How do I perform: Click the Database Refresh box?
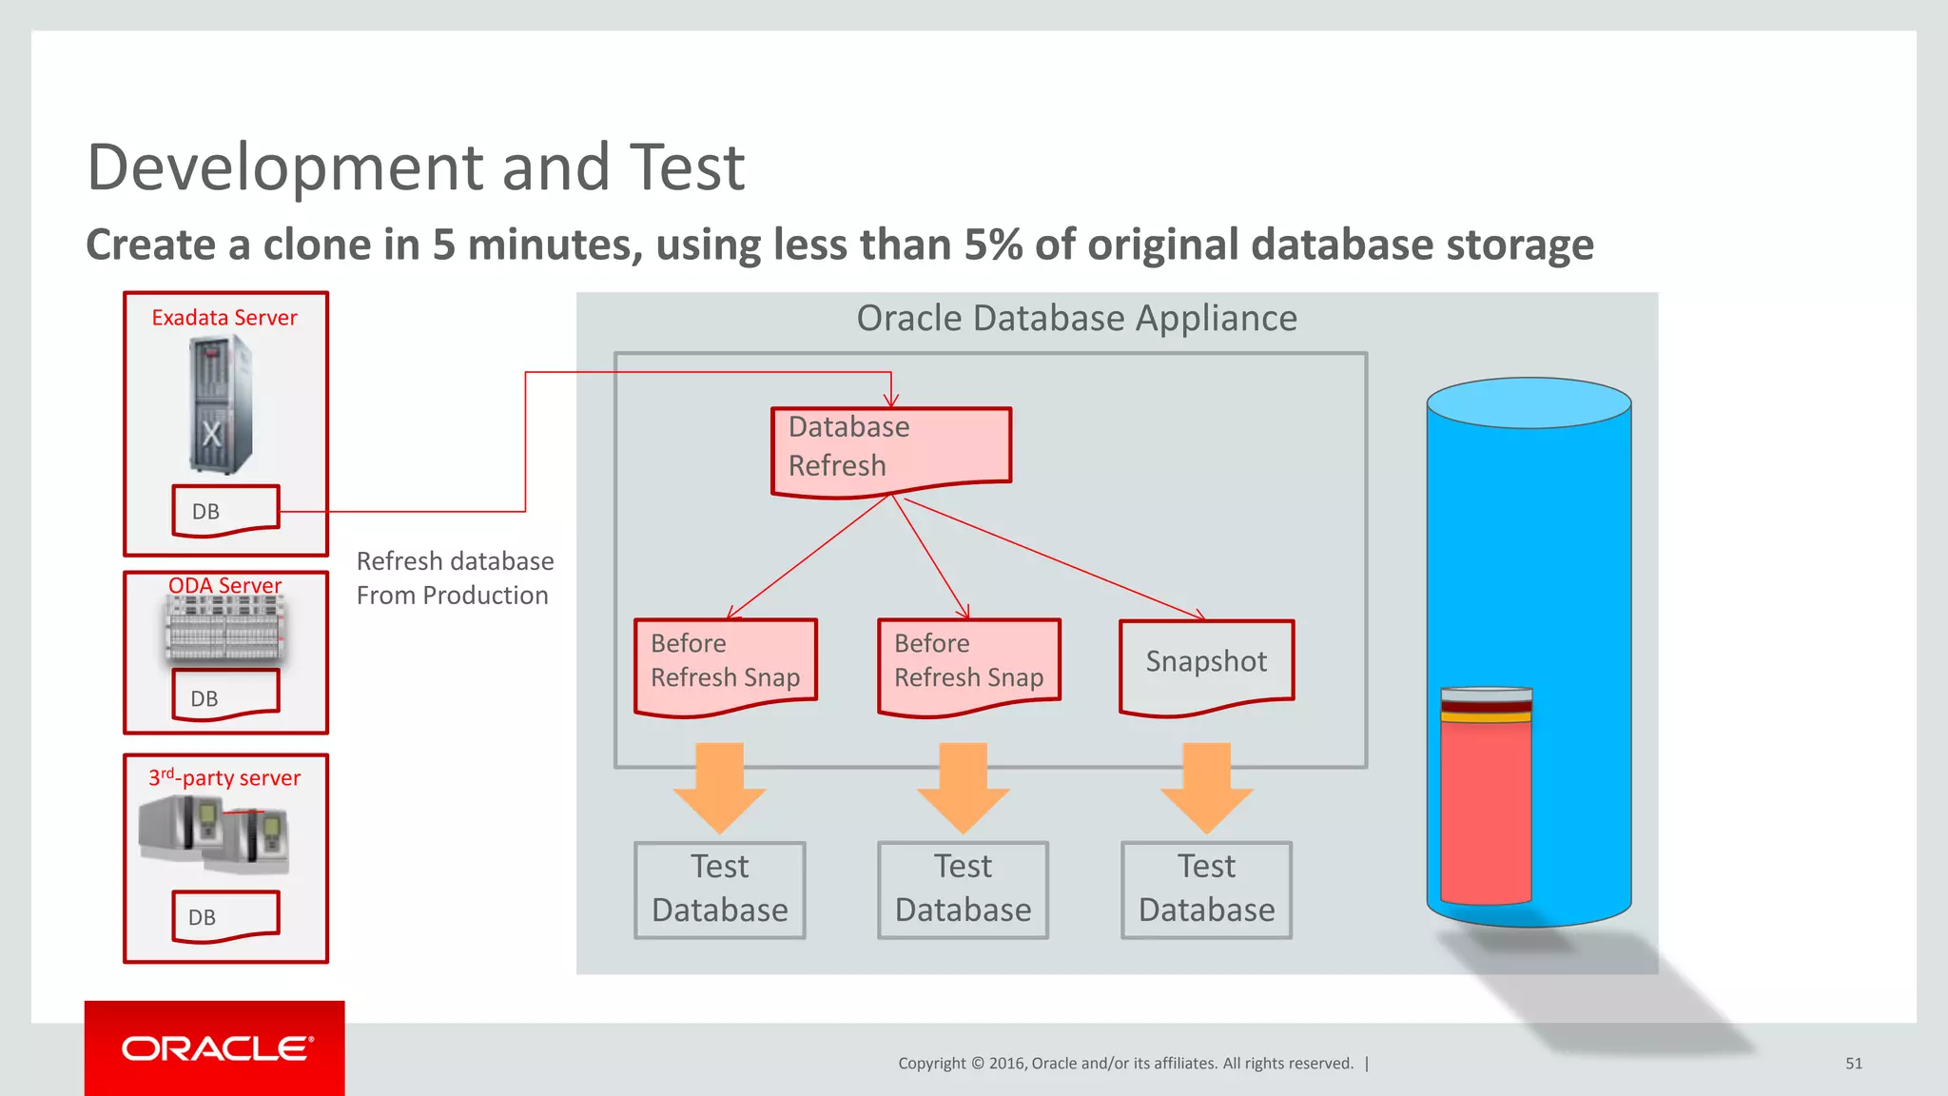[x=890, y=447]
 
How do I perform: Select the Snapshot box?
[x=1206, y=663]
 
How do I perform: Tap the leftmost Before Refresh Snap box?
[x=725, y=663]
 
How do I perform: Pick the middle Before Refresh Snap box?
[x=968, y=663]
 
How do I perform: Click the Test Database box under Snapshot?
[x=1206, y=890]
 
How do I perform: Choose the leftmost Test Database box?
[x=720, y=890]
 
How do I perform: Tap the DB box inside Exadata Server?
[x=225, y=511]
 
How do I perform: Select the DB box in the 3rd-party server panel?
[x=225, y=916]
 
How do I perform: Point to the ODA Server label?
[x=225, y=584]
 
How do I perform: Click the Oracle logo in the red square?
[x=217, y=1048]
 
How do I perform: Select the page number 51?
[x=1853, y=1064]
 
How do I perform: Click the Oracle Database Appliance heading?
[x=1076, y=318]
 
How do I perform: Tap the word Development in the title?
[x=285, y=167]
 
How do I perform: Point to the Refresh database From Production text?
[x=454, y=577]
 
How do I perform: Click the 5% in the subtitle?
[x=992, y=245]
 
